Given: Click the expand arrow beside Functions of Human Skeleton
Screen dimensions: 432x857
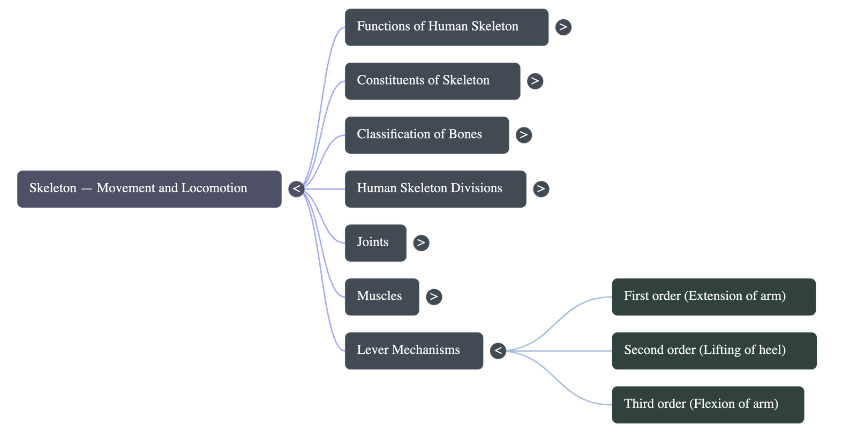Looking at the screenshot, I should [x=563, y=27].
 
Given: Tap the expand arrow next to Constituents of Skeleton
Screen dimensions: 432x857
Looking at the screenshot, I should [x=535, y=81].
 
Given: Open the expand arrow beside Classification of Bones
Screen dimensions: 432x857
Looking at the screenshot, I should [x=523, y=135].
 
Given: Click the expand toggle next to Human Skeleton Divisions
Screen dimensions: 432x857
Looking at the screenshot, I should [x=541, y=188].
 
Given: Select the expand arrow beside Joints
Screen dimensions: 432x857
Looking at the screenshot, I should [x=421, y=242].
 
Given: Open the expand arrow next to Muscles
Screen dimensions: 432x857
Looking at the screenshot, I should [x=434, y=297].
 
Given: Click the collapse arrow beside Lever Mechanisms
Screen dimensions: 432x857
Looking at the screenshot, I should [x=498, y=351].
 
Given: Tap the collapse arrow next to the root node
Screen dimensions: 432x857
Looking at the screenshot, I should [x=296, y=188].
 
